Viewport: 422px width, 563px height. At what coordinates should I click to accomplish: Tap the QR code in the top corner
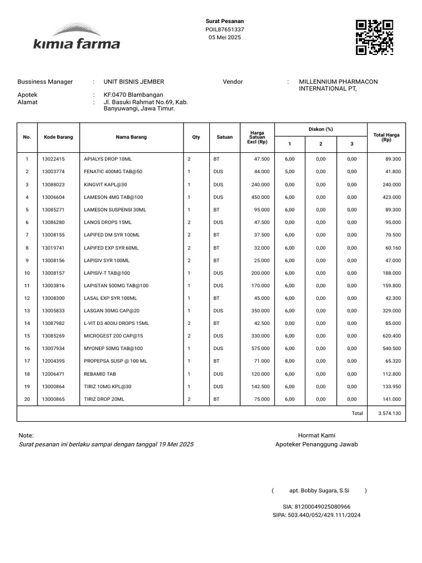(374, 37)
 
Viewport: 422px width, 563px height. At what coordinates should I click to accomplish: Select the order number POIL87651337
(225, 30)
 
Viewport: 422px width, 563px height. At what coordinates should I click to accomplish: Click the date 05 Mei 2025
(225, 37)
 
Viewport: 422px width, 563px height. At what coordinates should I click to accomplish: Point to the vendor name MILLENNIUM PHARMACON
(338, 82)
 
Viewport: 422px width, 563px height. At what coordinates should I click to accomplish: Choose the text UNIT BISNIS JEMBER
(134, 82)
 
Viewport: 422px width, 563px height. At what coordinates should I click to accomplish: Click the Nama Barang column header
(131, 137)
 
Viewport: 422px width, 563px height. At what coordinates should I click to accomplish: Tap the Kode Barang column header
(58, 137)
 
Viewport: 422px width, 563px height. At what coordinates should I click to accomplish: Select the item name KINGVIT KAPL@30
(105, 185)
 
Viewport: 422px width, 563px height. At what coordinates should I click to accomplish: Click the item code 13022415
(53, 159)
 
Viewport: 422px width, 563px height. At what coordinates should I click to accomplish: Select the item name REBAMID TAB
(100, 374)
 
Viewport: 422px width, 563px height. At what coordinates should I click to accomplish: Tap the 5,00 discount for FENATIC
(290, 172)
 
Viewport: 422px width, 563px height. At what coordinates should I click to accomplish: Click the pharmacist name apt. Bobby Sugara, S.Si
(319, 490)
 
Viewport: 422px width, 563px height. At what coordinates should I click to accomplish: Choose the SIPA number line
(316, 515)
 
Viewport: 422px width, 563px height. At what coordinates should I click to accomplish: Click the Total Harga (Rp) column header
(386, 137)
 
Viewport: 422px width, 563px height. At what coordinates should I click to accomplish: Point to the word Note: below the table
(26, 435)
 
